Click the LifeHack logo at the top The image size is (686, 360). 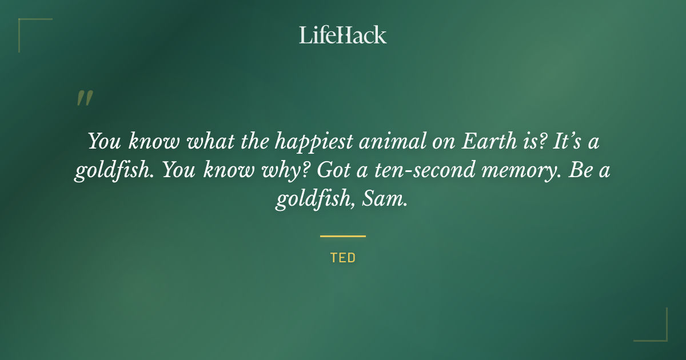tap(342, 35)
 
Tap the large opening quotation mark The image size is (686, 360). tap(85, 98)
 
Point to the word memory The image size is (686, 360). tap(521, 171)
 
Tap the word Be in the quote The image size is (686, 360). tap(580, 171)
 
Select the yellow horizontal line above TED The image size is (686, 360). tap(342, 236)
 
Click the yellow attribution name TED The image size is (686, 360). tap(342, 258)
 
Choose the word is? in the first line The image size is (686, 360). tap(530, 142)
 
